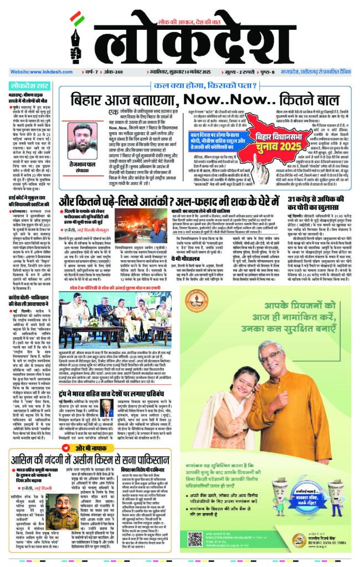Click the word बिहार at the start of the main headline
[x=91, y=102]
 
